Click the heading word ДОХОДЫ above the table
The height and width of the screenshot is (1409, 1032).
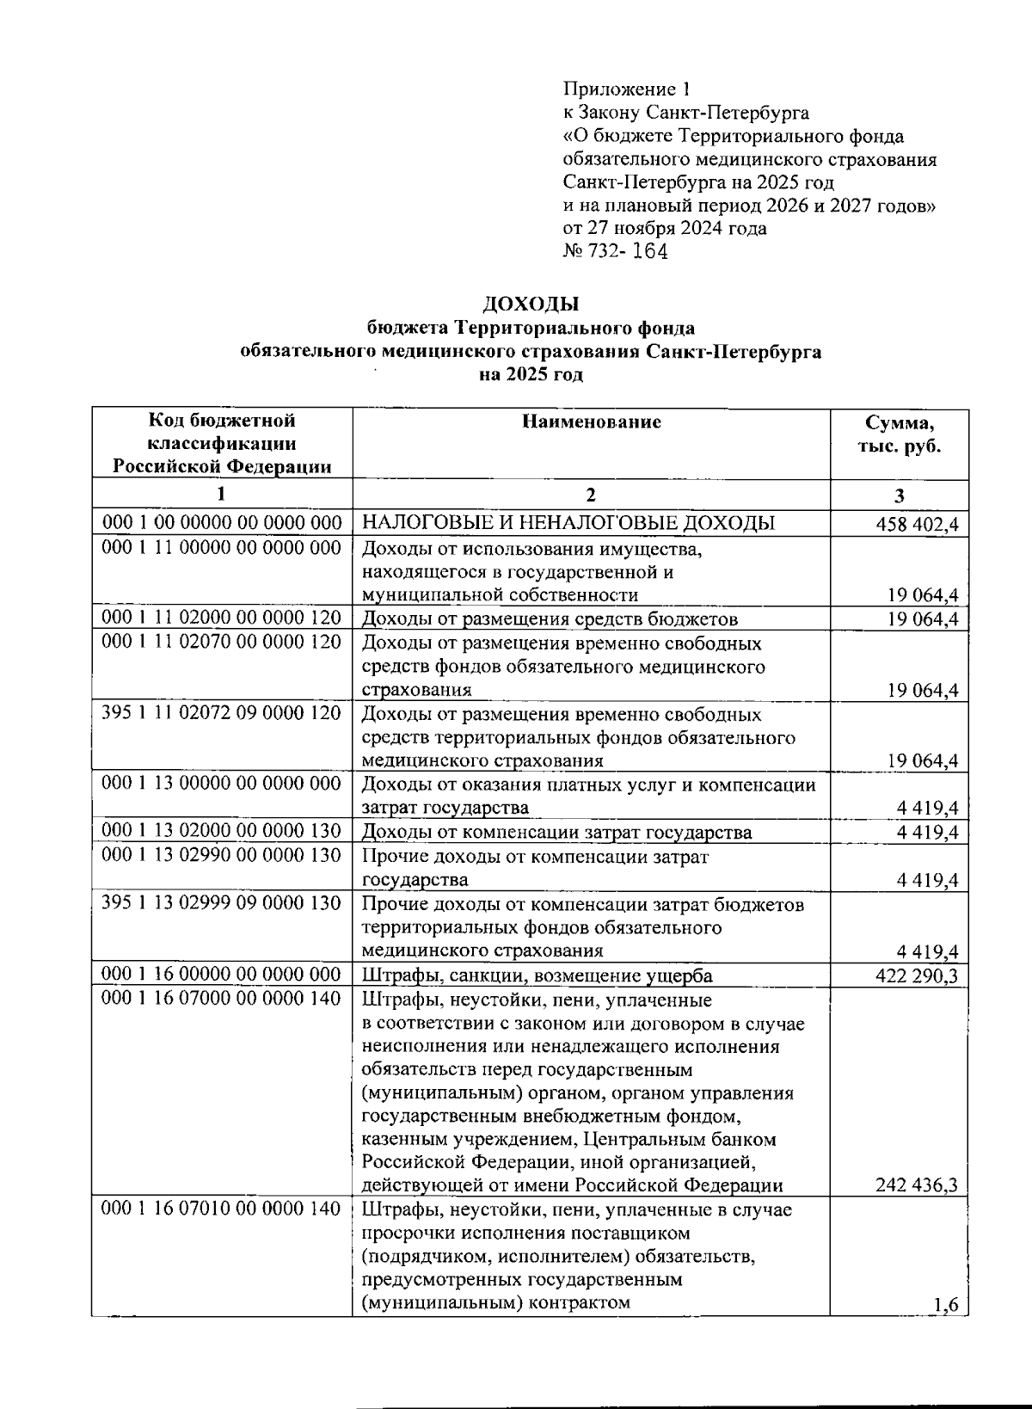pos(531,304)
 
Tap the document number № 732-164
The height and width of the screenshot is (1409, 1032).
pos(615,251)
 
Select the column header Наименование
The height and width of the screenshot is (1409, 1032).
pos(591,421)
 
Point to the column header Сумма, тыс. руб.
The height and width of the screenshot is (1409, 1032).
pos(899,434)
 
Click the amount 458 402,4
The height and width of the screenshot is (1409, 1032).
pos(917,525)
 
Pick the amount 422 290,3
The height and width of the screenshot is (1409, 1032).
pos(917,975)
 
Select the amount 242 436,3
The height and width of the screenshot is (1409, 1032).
pos(917,1185)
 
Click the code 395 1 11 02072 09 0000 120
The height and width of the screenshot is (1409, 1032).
pos(222,713)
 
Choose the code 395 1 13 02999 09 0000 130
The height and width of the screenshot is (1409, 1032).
pos(222,903)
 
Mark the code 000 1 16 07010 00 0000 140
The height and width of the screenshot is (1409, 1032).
pos(222,1209)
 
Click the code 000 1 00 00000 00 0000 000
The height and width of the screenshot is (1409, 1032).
pos(222,523)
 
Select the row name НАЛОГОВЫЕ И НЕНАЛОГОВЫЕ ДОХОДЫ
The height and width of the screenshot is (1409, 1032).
pos(568,523)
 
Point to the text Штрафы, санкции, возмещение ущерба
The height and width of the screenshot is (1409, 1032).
pos(537,975)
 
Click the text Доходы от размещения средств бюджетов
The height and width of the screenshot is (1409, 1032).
pos(550,618)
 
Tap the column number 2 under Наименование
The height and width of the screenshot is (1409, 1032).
pos(590,495)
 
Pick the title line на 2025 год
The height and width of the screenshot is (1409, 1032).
pos(531,374)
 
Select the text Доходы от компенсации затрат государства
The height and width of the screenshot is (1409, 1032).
pos(556,832)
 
